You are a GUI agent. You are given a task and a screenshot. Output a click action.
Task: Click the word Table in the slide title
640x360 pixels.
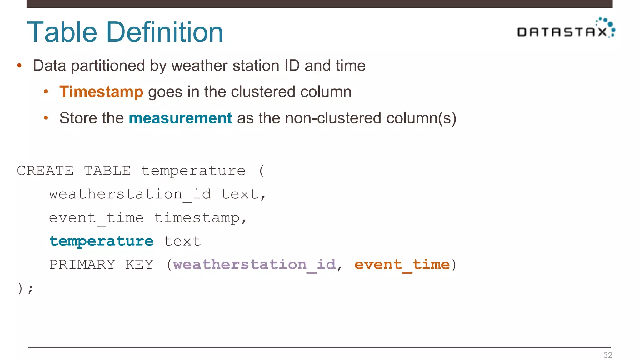pos(62,32)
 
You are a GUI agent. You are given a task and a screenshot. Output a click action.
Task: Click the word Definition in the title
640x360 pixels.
pos(165,32)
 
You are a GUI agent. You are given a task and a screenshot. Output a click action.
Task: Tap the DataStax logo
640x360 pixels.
pos(566,29)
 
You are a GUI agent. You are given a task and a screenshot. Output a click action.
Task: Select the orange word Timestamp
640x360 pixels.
pos(101,92)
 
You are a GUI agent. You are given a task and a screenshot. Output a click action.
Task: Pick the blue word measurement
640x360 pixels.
pos(180,118)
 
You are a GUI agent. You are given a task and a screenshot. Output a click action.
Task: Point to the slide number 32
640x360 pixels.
pos(607,355)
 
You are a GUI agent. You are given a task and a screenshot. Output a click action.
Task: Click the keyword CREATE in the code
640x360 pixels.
pos(45,171)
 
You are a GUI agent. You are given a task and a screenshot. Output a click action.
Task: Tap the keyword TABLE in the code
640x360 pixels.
pos(107,171)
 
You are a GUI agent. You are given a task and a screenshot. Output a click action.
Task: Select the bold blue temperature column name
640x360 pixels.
pos(102,241)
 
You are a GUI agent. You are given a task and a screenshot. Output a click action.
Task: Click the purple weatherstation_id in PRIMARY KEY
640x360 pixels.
pos(254,265)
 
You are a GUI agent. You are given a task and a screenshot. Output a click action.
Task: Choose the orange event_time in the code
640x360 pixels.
pos(402,265)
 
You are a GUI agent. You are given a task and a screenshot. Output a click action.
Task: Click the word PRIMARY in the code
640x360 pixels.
pos(82,265)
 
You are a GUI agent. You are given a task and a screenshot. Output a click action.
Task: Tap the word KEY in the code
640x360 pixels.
pos(139,265)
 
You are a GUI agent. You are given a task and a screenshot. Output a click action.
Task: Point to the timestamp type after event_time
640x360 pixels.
pos(197,218)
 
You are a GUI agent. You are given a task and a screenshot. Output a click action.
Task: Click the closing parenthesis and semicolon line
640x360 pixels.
pos(25,288)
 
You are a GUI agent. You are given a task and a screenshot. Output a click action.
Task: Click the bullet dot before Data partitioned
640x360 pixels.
pos(19,66)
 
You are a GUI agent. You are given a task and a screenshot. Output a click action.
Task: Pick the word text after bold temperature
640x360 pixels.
pos(182,241)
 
